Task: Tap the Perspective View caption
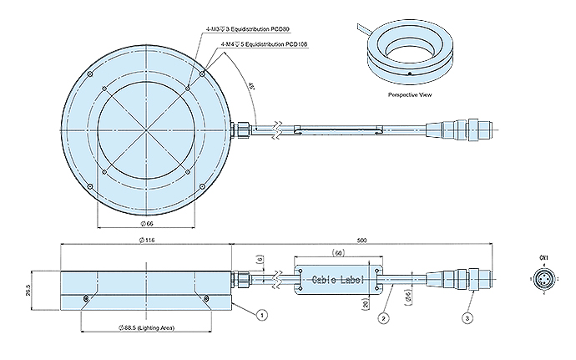click(x=409, y=95)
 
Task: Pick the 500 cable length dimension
click(x=361, y=241)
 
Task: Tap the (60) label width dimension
click(x=339, y=253)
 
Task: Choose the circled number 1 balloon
click(x=262, y=316)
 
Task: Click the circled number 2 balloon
click(x=382, y=317)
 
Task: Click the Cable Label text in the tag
click(x=337, y=281)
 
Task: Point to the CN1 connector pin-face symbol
click(x=543, y=281)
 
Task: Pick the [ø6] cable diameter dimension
click(x=407, y=297)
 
